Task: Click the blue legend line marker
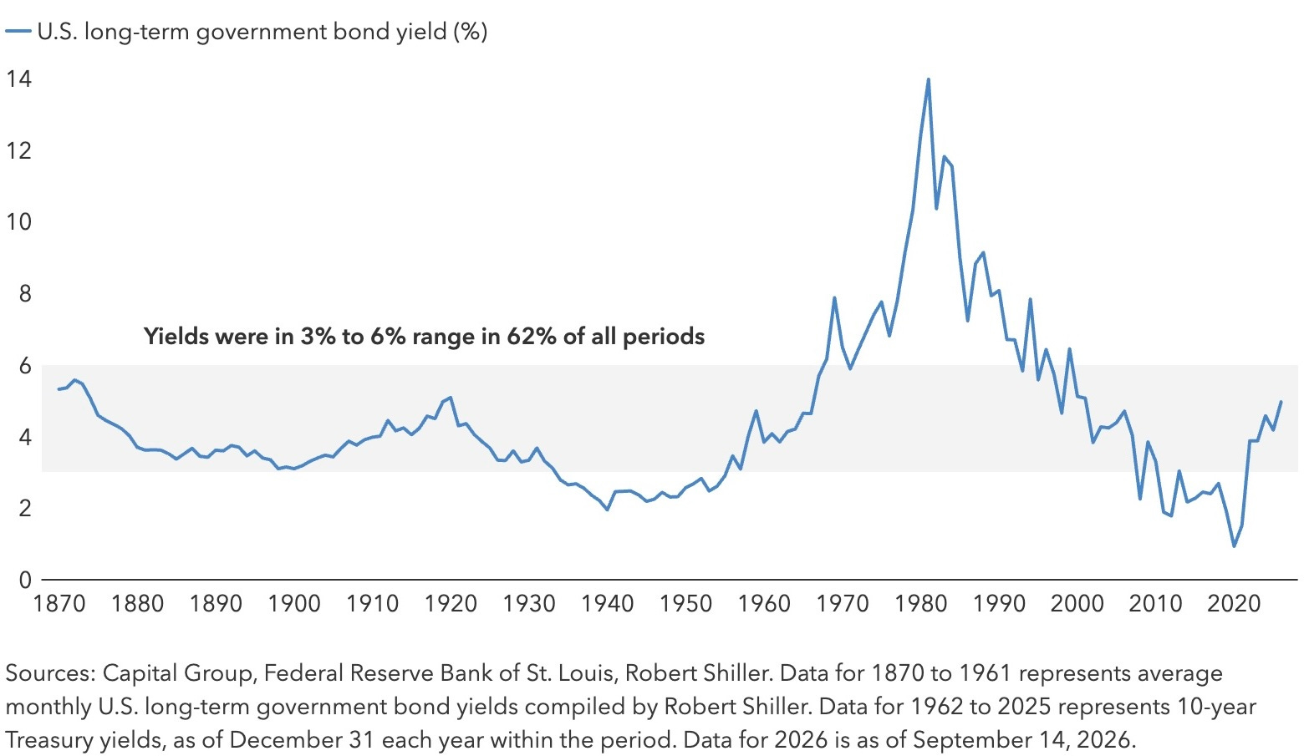pyautogui.click(x=18, y=32)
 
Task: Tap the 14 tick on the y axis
pyautogui.click(x=18, y=79)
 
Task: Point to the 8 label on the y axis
pyautogui.click(x=24, y=293)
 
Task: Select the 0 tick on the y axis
pyautogui.click(x=24, y=580)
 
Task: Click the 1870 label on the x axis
pyautogui.click(x=59, y=603)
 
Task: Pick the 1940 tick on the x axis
pyautogui.click(x=607, y=603)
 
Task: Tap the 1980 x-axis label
pyautogui.click(x=920, y=603)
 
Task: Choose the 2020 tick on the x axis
pyautogui.click(x=1234, y=603)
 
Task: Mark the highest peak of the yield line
pyautogui.click(x=928, y=79)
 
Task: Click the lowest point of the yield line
pyautogui.click(x=1234, y=545)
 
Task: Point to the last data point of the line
pyautogui.click(x=1281, y=402)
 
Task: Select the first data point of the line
pyautogui.click(x=59, y=388)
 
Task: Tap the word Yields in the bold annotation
pyautogui.click(x=176, y=337)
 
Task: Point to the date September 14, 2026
pyautogui.click(x=1024, y=741)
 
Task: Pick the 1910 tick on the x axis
pyautogui.click(x=372, y=603)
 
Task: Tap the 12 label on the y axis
pyautogui.click(x=18, y=150)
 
